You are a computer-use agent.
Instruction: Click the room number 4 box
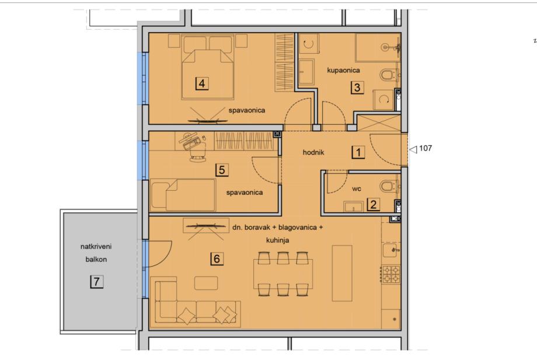(202, 83)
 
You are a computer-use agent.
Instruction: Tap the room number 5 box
(222, 170)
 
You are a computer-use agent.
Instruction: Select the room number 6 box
(217, 258)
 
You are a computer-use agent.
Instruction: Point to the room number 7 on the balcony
(96, 282)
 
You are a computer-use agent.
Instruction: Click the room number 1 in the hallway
(358, 152)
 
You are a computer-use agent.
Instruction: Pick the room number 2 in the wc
(374, 204)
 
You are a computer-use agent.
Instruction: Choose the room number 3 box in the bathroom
(357, 88)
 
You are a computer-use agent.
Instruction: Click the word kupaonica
(343, 71)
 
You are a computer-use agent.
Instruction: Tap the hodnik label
(313, 153)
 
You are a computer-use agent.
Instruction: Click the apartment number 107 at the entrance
(426, 148)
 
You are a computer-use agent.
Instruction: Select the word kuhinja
(277, 240)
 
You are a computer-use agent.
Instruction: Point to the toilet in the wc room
(389, 187)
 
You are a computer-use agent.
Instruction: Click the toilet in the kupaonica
(389, 75)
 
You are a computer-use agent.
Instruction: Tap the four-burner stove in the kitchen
(390, 274)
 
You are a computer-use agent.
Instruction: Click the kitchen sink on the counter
(390, 250)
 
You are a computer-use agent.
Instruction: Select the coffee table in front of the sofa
(206, 283)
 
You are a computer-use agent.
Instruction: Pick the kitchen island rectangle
(342, 273)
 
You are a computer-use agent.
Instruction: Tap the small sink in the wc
(353, 207)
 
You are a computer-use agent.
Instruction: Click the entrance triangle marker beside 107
(413, 149)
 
